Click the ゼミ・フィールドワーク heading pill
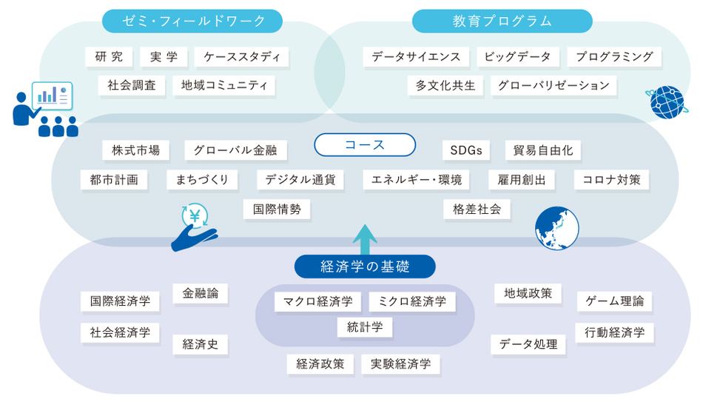click(x=192, y=21)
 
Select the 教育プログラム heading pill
click(x=502, y=21)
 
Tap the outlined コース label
click(x=365, y=145)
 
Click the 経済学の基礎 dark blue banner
click(x=365, y=267)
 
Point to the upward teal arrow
click(x=365, y=240)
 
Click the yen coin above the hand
click(x=195, y=216)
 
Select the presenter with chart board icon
click(x=45, y=109)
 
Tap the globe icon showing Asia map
click(x=556, y=228)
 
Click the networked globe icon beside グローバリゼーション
click(x=667, y=102)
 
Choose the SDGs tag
click(x=466, y=150)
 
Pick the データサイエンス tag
click(x=416, y=57)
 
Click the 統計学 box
click(x=365, y=327)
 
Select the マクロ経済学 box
click(x=318, y=301)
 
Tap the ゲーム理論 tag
click(x=614, y=301)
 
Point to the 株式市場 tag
click(x=136, y=150)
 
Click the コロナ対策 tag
click(x=611, y=180)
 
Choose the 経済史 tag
click(x=201, y=344)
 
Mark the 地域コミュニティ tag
click(x=223, y=85)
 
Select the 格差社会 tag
click(x=477, y=209)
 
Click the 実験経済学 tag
click(x=401, y=364)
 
